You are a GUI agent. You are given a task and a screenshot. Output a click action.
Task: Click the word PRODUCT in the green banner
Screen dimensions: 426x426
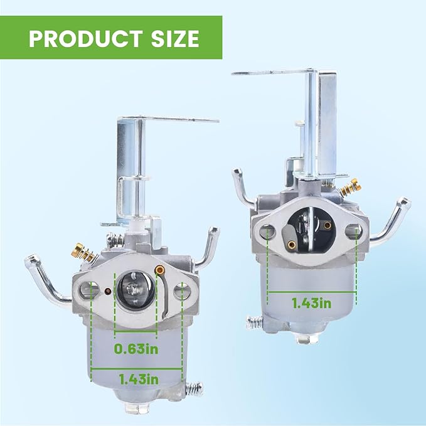(x=85, y=38)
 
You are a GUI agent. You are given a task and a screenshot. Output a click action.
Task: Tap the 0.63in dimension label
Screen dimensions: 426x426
(x=136, y=349)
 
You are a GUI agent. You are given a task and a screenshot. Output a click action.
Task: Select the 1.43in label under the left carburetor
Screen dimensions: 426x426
(x=139, y=380)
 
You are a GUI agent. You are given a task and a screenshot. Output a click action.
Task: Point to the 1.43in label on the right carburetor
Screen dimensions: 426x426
(x=312, y=303)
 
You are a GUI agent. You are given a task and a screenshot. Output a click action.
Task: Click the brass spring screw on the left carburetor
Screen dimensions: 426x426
(x=83, y=252)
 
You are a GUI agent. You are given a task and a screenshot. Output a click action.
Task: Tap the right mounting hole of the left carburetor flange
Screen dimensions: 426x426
(x=181, y=290)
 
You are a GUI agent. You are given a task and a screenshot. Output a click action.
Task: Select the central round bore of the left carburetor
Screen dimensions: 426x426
(x=135, y=290)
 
